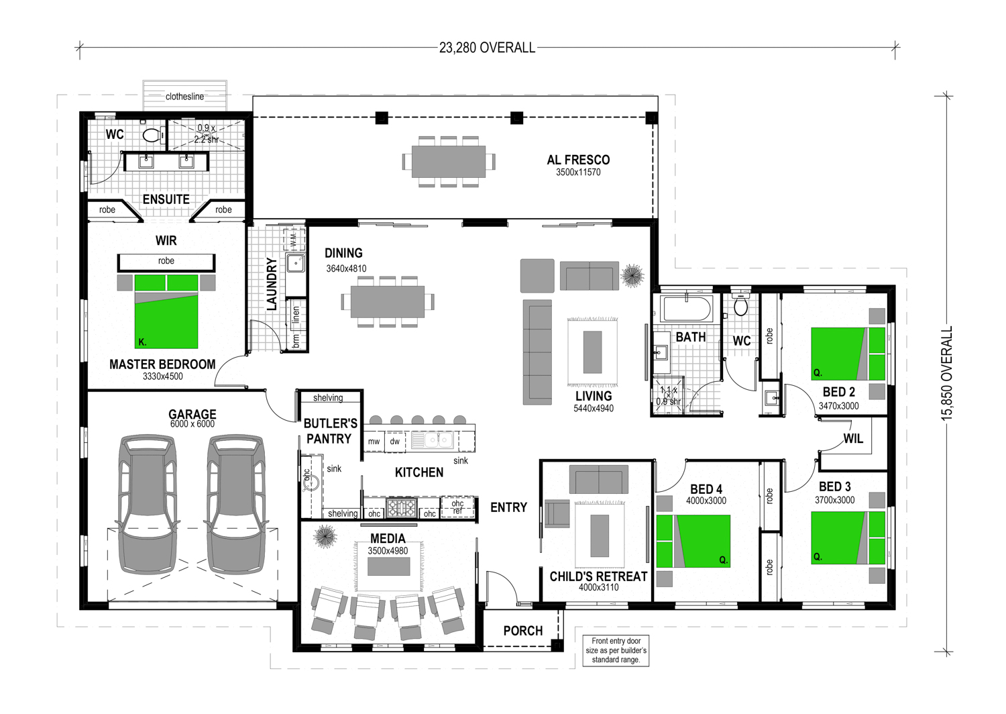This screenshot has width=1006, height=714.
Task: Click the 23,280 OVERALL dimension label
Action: [x=487, y=48]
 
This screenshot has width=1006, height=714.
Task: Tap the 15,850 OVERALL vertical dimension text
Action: [x=947, y=374]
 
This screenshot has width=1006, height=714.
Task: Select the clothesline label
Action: [x=184, y=97]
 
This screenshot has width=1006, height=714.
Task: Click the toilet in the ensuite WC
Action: [x=153, y=134]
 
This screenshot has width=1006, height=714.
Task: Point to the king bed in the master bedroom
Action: [x=166, y=311]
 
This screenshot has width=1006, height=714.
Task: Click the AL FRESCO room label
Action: [x=578, y=160]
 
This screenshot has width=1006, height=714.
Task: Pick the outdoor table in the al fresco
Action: [x=449, y=161]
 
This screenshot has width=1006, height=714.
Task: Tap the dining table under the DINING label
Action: [x=388, y=301]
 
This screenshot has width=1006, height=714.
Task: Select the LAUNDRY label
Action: [x=272, y=284]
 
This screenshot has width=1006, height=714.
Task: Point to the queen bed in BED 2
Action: [x=848, y=354]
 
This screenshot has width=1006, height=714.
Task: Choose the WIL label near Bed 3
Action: [x=853, y=439]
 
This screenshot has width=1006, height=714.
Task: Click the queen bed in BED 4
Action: [x=693, y=541]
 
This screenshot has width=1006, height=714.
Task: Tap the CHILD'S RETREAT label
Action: [x=598, y=576]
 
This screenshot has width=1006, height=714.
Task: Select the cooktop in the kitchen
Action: [x=402, y=507]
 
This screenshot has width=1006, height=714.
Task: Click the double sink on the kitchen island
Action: [x=432, y=440]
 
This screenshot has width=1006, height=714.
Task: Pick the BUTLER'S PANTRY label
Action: [x=330, y=431]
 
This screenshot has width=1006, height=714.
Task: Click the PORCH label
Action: [x=523, y=631]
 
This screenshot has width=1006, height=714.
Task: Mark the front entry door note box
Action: [x=616, y=650]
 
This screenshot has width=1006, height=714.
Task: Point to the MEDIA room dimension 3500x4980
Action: [x=388, y=550]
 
